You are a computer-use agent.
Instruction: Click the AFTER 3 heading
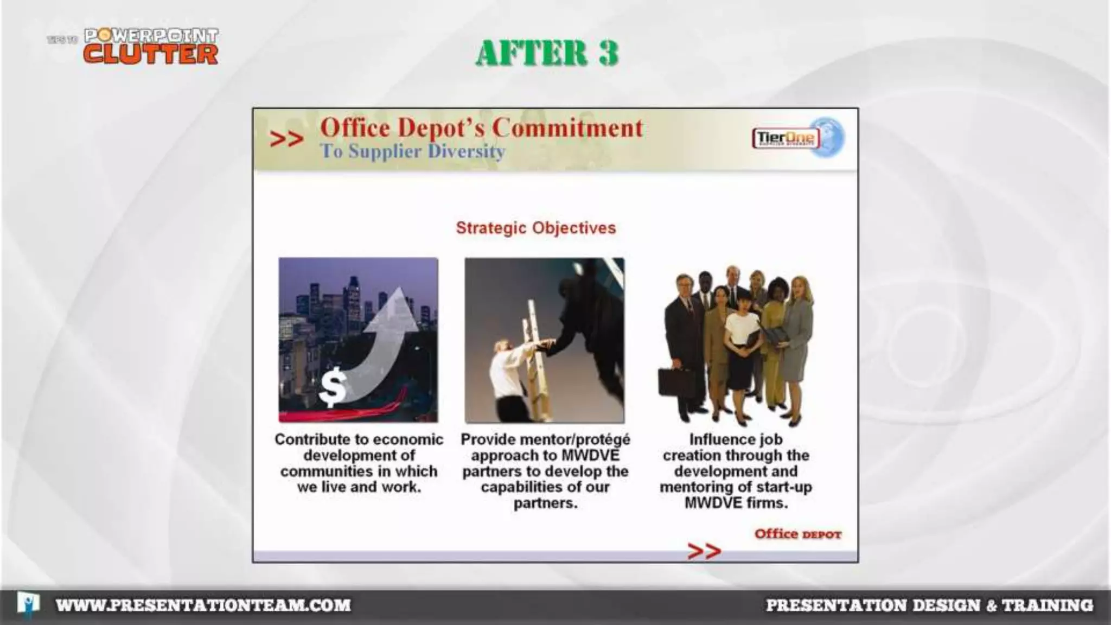(547, 53)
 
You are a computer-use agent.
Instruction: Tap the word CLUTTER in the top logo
(151, 54)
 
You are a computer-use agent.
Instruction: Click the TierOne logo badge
(786, 138)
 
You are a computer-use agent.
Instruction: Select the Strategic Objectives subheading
(535, 228)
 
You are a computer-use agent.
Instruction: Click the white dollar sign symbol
(332, 386)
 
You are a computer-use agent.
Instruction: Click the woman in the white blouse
(739, 336)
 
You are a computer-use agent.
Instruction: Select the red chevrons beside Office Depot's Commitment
(286, 139)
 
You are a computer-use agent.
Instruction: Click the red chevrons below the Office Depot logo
(704, 551)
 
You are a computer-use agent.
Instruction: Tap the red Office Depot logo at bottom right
(797, 534)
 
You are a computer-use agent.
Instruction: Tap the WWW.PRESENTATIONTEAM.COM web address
(203, 605)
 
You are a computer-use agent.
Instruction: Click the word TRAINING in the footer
(1047, 605)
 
